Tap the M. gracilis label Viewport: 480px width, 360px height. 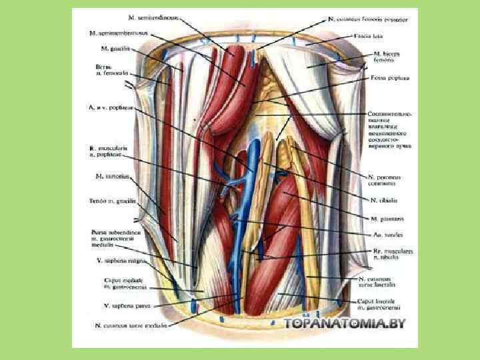(x=114, y=49)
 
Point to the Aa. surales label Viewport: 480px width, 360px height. (x=384, y=235)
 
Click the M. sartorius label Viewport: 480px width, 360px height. (x=111, y=177)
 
